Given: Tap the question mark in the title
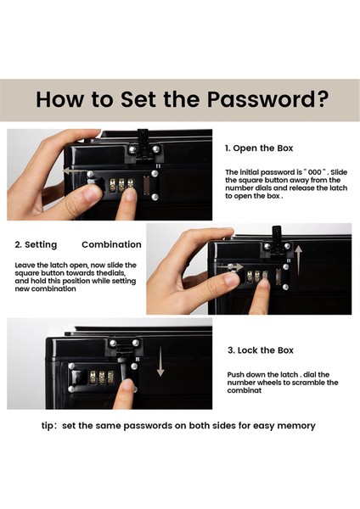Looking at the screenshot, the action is point(322,98).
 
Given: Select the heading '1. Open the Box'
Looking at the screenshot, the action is point(259,148).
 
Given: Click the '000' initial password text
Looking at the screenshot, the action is point(314,172).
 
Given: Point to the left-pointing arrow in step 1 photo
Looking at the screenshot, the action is point(76,171).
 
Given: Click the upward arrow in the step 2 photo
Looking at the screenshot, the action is point(299,260).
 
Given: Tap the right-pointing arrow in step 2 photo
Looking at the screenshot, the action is point(235,267).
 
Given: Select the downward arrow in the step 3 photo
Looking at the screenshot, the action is point(160,361).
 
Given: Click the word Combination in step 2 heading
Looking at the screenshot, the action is point(111,244).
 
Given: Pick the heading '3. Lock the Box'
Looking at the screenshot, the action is point(261,350).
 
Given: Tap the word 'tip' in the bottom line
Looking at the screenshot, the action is point(47,426).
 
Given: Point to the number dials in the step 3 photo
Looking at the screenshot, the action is point(102,378).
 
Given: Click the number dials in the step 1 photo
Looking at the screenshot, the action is point(121,185).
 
